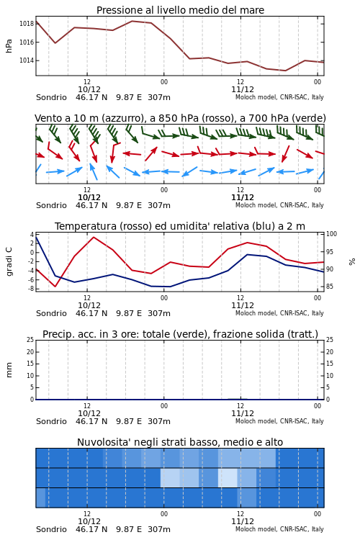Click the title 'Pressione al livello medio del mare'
180,10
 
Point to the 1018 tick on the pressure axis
26,24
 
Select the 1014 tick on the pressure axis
26,60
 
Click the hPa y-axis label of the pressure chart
9,46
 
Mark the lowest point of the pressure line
285,71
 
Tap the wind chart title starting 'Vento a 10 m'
180,118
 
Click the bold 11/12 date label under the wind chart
242,198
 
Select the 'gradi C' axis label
9,261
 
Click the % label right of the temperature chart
352,262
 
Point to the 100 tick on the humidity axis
331,234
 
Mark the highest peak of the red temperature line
94,237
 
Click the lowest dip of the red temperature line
55,286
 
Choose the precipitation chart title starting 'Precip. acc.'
180,334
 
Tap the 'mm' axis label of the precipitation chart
9,370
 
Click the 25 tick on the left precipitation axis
30,340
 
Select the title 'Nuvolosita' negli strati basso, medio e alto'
180,442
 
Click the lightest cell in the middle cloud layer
228,477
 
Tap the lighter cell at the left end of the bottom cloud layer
40,498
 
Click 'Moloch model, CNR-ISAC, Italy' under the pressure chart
279,97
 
